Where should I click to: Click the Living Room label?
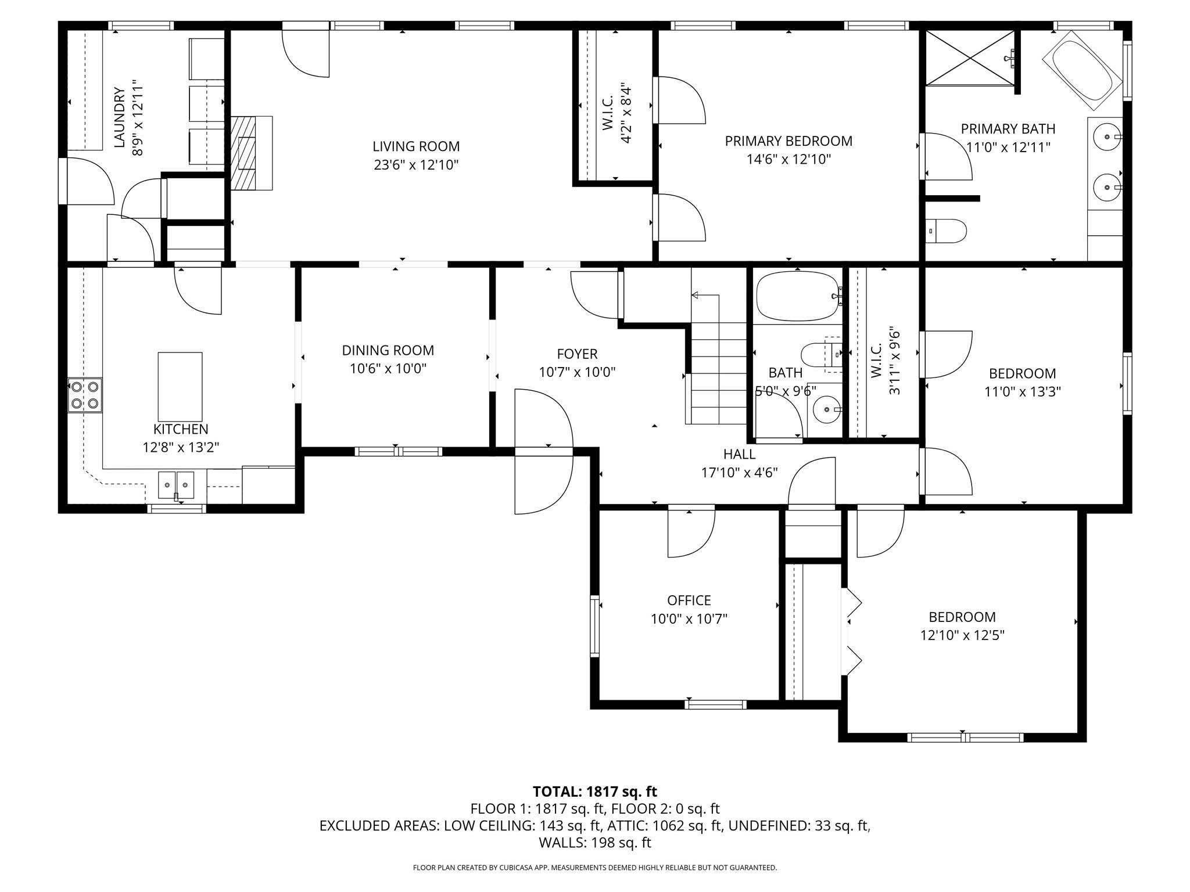(416, 146)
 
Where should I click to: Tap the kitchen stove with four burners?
(85, 395)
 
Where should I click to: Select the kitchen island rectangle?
(180, 387)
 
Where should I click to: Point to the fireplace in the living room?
(252, 153)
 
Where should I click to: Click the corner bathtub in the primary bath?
(1083, 71)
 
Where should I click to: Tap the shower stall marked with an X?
(969, 58)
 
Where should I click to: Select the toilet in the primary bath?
(945, 231)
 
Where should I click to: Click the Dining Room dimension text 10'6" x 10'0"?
(388, 369)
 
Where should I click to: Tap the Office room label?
(689, 600)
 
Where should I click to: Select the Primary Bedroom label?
(788, 141)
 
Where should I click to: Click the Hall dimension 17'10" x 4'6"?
(740, 473)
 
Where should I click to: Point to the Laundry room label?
(119, 117)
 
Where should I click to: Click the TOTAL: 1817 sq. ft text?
(595, 792)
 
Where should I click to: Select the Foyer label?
(577, 354)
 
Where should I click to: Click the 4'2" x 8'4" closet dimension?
(626, 113)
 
